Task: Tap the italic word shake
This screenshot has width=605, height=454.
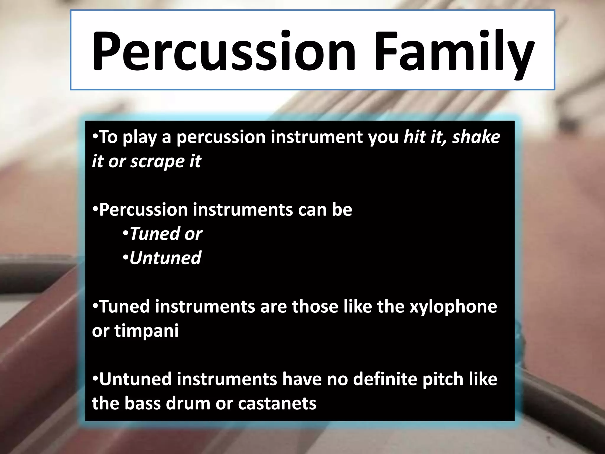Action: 476,137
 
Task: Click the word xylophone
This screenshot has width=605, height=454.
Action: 453,307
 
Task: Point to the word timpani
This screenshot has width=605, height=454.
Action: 147,331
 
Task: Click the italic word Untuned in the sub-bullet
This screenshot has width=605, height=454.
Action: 165,258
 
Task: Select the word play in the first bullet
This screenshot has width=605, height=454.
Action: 139,138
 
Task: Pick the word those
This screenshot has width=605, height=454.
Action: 315,307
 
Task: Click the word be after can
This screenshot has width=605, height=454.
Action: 342,210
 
